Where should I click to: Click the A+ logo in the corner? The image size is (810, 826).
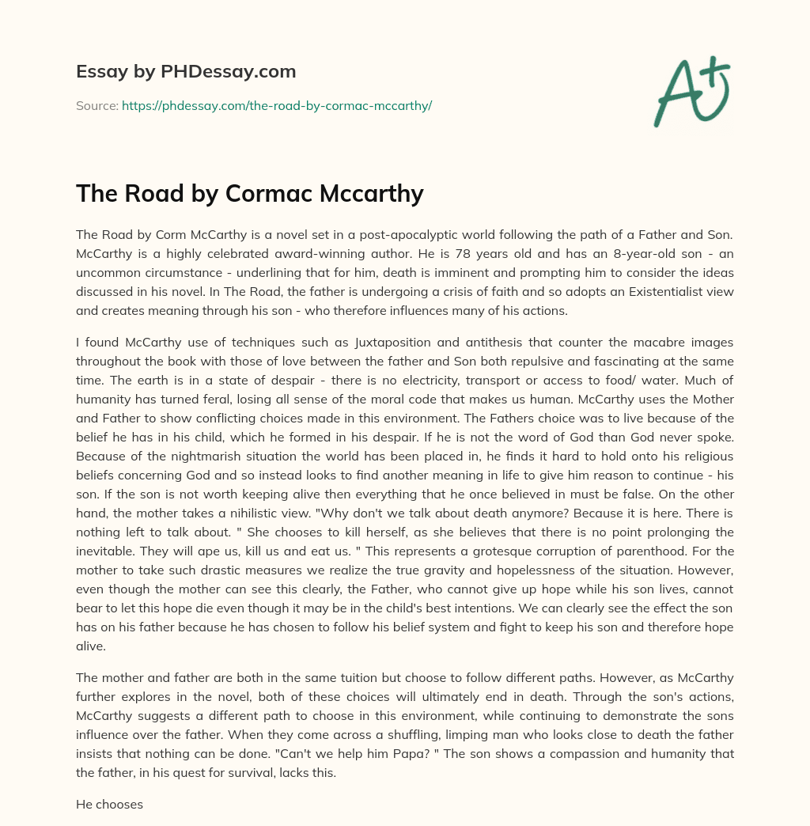click(x=692, y=92)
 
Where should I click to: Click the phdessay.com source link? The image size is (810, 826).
click(x=276, y=105)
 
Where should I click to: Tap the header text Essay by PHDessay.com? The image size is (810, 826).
click(x=186, y=71)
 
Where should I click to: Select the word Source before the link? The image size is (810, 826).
click(x=96, y=105)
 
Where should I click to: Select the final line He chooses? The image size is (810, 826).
click(x=109, y=805)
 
